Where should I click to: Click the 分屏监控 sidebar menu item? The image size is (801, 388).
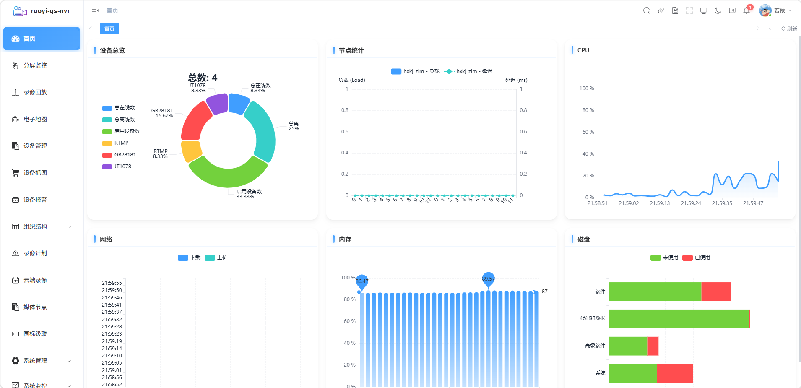pyautogui.click(x=35, y=65)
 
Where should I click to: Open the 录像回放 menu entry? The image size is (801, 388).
pyautogui.click(x=35, y=92)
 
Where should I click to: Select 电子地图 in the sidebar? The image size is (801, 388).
pyautogui.click(x=35, y=119)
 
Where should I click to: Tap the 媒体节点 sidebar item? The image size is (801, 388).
pyautogui.click(x=35, y=307)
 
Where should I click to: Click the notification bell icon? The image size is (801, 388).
pyautogui.click(x=746, y=10)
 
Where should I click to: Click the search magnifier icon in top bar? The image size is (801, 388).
pyautogui.click(x=647, y=10)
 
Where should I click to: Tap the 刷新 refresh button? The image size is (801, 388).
pyautogui.click(x=789, y=29)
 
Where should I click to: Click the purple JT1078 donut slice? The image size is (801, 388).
pyautogui.click(x=217, y=104)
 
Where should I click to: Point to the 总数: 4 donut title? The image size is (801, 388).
pyautogui.click(x=203, y=78)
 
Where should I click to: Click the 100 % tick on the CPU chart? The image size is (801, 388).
pyautogui.click(x=587, y=89)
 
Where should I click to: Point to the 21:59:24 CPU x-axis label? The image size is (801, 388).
pyautogui.click(x=691, y=203)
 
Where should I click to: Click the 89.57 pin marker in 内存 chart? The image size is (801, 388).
pyautogui.click(x=488, y=279)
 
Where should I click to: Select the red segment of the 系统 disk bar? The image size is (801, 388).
pyautogui.click(x=675, y=373)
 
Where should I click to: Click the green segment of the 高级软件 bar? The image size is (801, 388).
pyautogui.click(x=628, y=346)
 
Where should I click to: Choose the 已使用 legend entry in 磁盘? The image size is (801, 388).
pyautogui.click(x=696, y=258)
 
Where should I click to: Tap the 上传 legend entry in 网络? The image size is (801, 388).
pyautogui.click(x=216, y=258)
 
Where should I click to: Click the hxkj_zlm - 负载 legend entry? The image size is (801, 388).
pyautogui.click(x=415, y=71)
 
